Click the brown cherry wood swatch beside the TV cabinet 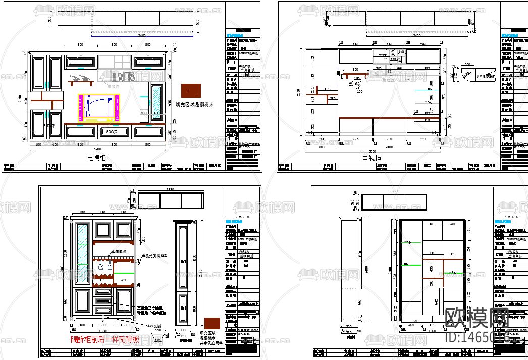click(x=190, y=91)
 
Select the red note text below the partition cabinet click(x=105, y=339)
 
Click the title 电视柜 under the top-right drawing click(x=372, y=158)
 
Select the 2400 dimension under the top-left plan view click(x=141, y=35)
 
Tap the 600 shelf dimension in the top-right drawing click(x=355, y=70)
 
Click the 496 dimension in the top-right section click(x=327, y=89)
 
